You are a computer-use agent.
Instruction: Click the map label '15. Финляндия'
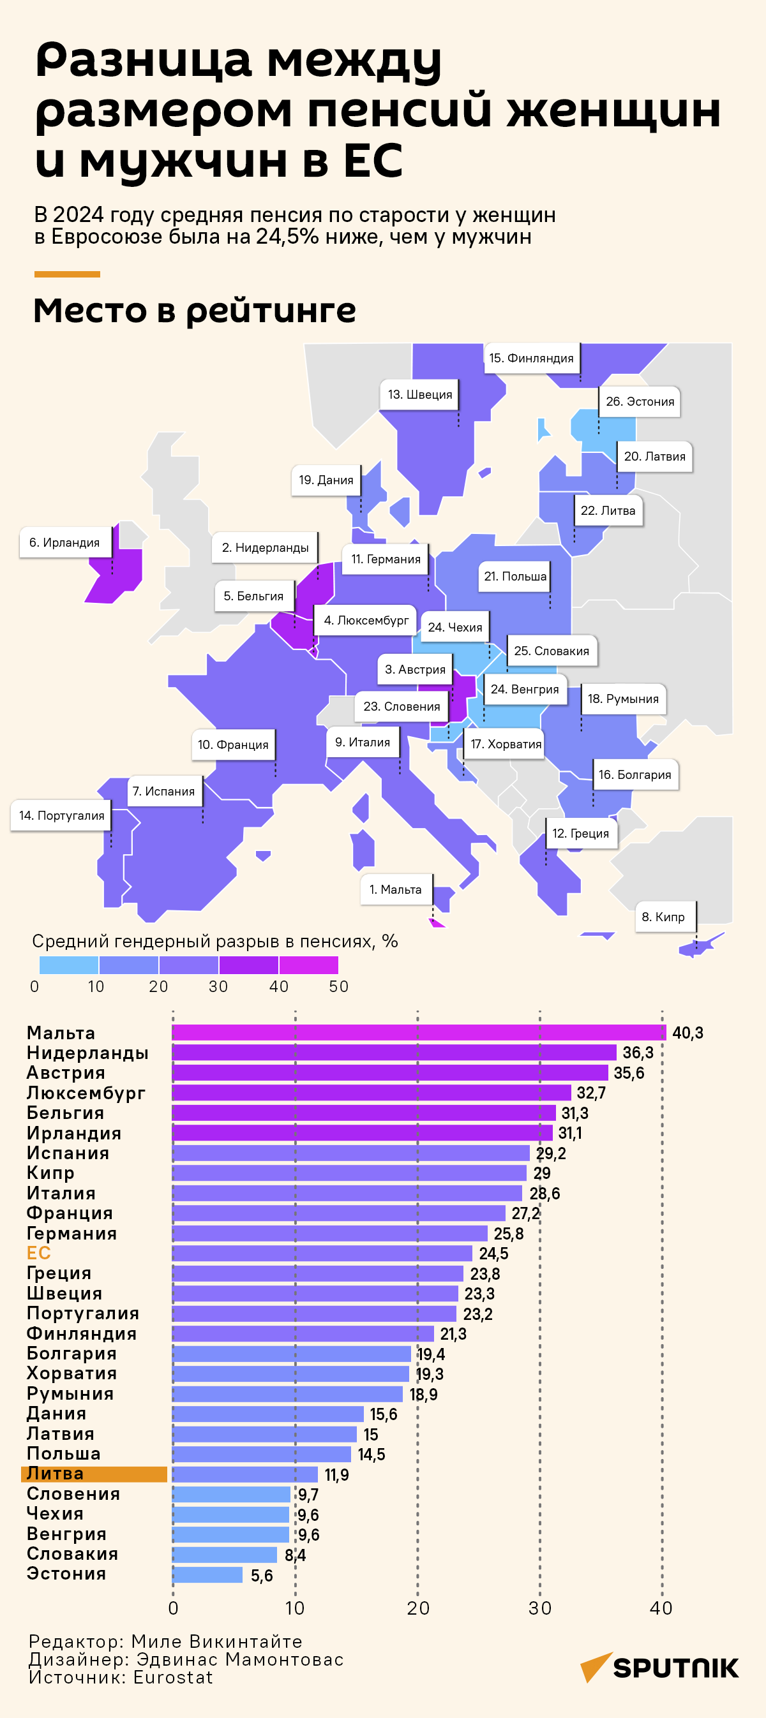coord(531,358)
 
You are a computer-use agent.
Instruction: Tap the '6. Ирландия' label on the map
coord(64,543)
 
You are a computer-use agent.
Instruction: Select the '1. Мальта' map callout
coord(396,890)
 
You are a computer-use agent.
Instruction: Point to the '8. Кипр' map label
coord(663,917)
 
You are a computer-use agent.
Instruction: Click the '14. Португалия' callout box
coord(61,816)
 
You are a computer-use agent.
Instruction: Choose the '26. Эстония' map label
coord(640,401)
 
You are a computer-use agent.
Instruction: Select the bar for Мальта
coord(419,1032)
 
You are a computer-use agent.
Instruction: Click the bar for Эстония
coord(207,1574)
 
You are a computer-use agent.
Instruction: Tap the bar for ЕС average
coord(322,1253)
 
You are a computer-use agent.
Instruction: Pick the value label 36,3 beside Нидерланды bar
coord(638,1053)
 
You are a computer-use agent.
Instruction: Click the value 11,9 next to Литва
coord(336,1474)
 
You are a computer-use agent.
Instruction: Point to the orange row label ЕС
coord(39,1253)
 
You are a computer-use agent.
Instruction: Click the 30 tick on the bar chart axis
coord(540,1609)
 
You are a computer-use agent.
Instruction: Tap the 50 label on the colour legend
coord(338,987)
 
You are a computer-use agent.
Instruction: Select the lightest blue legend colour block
coord(69,965)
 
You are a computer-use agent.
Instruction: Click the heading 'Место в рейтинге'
coord(194,311)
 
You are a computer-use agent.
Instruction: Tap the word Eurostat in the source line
coord(173,1677)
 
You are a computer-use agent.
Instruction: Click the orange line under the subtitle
coord(67,274)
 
